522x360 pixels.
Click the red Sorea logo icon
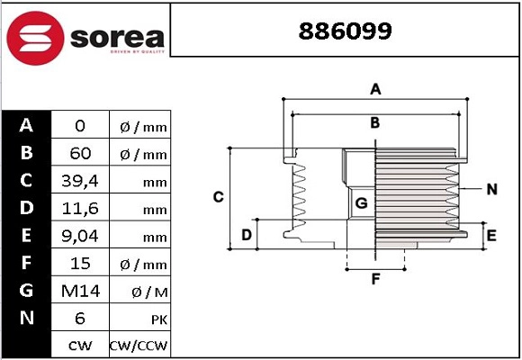(33, 38)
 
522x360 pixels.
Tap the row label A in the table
(27, 125)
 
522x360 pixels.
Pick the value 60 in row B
(80, 154)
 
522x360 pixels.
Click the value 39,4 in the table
(80, 182)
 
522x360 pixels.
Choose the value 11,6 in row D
(80, 209)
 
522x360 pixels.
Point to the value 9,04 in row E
(80, 236)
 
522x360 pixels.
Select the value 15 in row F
(80, 264)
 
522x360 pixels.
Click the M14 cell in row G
(80, 291)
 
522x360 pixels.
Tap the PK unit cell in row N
(139, 319)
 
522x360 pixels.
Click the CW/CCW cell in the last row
(139, 346)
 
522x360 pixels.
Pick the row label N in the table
(27, 318)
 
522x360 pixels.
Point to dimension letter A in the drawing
(376, 88)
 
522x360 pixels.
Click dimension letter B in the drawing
(375, 122)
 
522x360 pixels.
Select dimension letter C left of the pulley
(218, 197)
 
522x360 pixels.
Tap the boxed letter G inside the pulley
(361, 203)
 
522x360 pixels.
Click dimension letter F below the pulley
(376, 279)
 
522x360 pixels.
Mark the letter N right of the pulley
(491, 189)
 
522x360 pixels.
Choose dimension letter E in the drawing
(491, 236)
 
